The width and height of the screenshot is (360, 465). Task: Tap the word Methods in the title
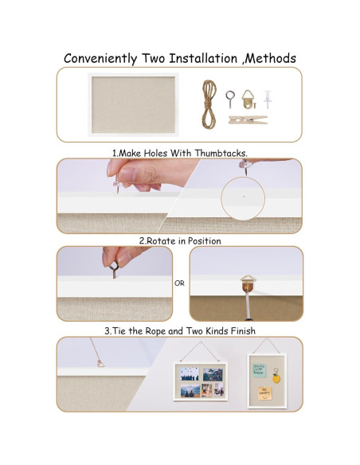(268, 58)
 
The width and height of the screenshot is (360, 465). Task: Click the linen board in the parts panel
(134, 104)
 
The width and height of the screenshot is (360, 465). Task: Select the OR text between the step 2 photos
(180, 283)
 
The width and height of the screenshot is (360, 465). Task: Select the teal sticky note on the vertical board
(260, 367)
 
